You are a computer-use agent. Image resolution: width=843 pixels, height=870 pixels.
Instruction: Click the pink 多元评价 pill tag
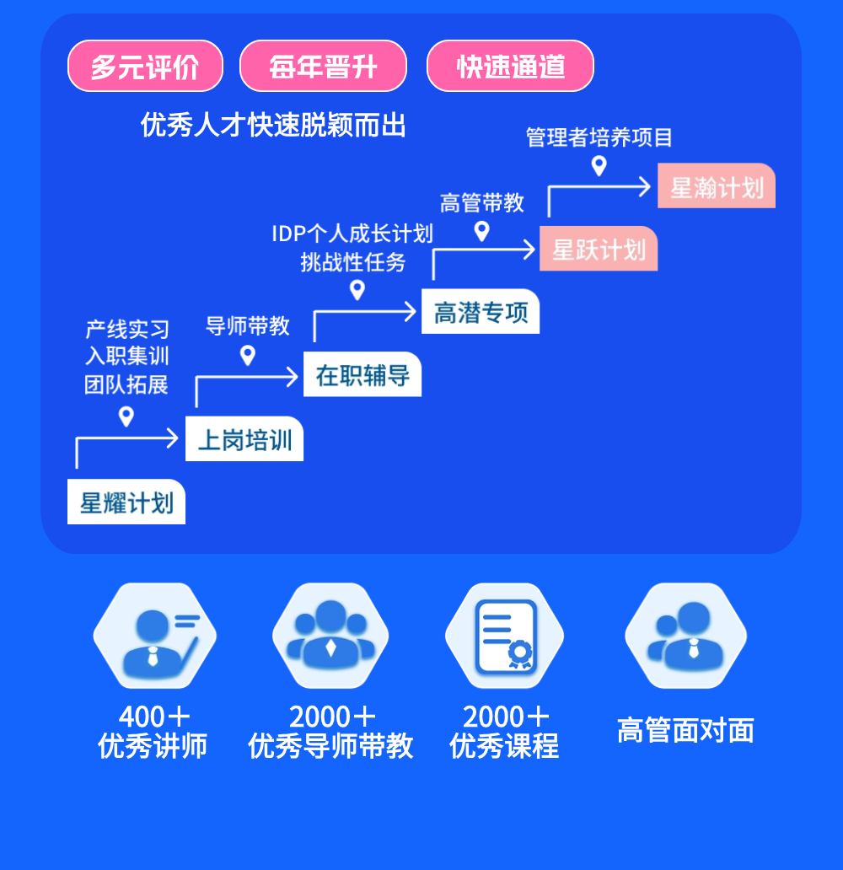[145, 66]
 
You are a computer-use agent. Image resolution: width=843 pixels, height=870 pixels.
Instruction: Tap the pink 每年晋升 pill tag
[323, 66]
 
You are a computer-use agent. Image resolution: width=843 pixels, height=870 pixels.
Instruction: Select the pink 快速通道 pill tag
[510, 66]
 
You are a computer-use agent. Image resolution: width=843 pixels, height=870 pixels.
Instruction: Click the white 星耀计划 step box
[126, 502]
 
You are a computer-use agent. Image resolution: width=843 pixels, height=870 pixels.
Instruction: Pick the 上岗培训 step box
[244, 439]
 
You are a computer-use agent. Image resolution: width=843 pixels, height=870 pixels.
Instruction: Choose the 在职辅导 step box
[362, 375]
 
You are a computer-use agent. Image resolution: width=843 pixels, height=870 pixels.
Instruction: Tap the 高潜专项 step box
[481, 312]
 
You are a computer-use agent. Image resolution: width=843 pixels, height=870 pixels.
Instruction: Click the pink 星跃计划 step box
[599, 249]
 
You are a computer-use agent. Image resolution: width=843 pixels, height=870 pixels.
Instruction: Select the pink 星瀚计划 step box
[717, 185]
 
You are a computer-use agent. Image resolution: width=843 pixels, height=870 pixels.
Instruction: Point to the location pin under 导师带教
[248, 355]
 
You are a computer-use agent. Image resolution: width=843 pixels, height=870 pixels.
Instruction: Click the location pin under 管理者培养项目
[599, 165]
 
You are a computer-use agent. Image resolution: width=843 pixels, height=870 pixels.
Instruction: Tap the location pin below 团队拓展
[126, 416]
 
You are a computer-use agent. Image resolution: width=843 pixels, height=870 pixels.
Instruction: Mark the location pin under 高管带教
[481, 231]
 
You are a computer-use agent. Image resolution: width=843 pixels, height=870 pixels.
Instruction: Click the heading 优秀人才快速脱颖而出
[273, 126]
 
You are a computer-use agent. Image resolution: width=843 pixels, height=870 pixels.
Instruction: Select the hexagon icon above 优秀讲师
[154, 636]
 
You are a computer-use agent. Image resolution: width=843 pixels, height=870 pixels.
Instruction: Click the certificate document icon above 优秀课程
[504, 636]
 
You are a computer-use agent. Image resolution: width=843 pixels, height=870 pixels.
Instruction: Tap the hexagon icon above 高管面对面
[685, 636]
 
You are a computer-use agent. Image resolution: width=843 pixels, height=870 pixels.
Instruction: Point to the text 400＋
[154, 717]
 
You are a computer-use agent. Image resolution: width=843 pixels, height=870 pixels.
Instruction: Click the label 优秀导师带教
[330, 746]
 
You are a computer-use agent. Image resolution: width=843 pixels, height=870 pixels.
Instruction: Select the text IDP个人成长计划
[352, 234]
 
